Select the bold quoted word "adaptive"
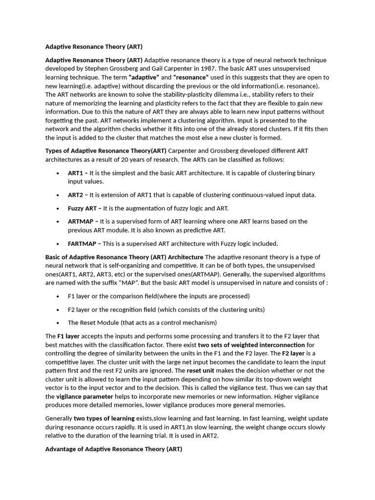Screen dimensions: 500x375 pos(144,78)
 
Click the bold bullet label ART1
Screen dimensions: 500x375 pos(76,173)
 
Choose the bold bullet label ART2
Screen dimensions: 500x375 pos(76,195)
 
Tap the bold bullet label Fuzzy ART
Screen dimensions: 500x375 pos(82,208)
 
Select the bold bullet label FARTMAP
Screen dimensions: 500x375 pos(82,244)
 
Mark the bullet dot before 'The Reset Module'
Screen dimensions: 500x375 pos(58,323)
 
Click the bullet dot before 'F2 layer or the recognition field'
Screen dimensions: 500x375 pos(58,310)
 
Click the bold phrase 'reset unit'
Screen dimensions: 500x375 pos(200,371)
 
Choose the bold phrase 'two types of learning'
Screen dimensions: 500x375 pos(104,418)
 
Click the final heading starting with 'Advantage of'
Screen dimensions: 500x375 pos(113,449)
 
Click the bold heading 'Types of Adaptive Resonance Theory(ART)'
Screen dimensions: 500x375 pos(106,150)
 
